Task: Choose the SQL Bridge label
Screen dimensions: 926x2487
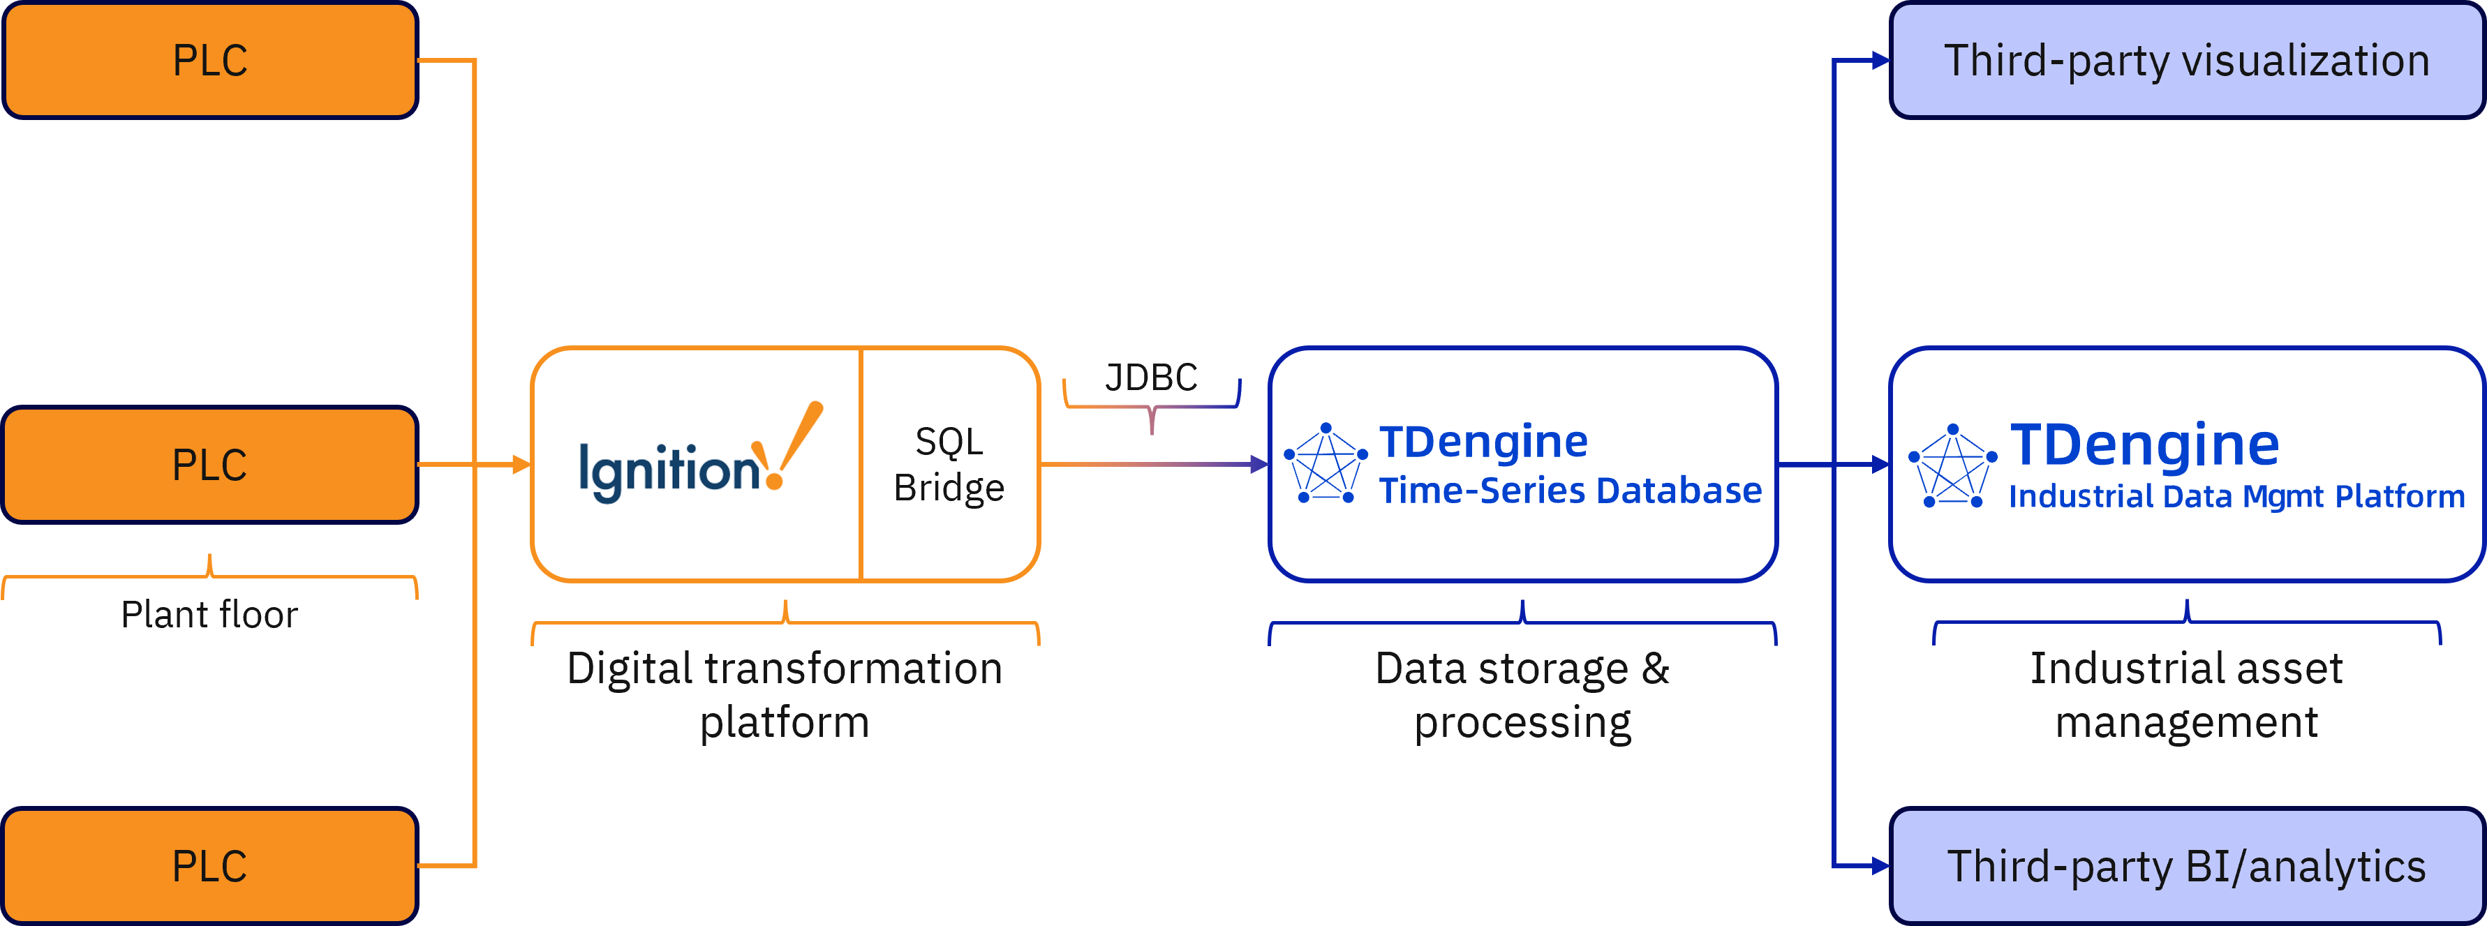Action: (949, 465)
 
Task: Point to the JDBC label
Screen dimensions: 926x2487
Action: (1151, 377)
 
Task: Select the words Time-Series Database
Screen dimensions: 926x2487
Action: (1570, 491)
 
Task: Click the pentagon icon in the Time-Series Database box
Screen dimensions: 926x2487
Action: (1326, 463)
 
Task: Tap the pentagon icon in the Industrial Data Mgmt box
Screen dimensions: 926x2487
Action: (1952, 466)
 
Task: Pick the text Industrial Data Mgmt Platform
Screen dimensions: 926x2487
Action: (2236, 496)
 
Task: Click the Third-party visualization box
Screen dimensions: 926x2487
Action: (2185, 60)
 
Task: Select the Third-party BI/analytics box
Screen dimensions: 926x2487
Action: (2185, 865)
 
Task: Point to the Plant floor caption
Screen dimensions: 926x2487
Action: (209, 615)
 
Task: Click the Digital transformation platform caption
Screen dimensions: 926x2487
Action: (785, 695)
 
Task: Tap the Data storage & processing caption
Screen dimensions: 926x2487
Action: (1522, 695)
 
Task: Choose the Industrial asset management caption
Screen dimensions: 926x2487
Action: (2185, 695)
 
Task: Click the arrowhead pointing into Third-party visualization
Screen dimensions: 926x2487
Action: (1880, 61)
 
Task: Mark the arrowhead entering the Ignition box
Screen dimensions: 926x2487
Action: (521, 465)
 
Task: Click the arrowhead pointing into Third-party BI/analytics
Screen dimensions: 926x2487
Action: (1880, 866)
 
